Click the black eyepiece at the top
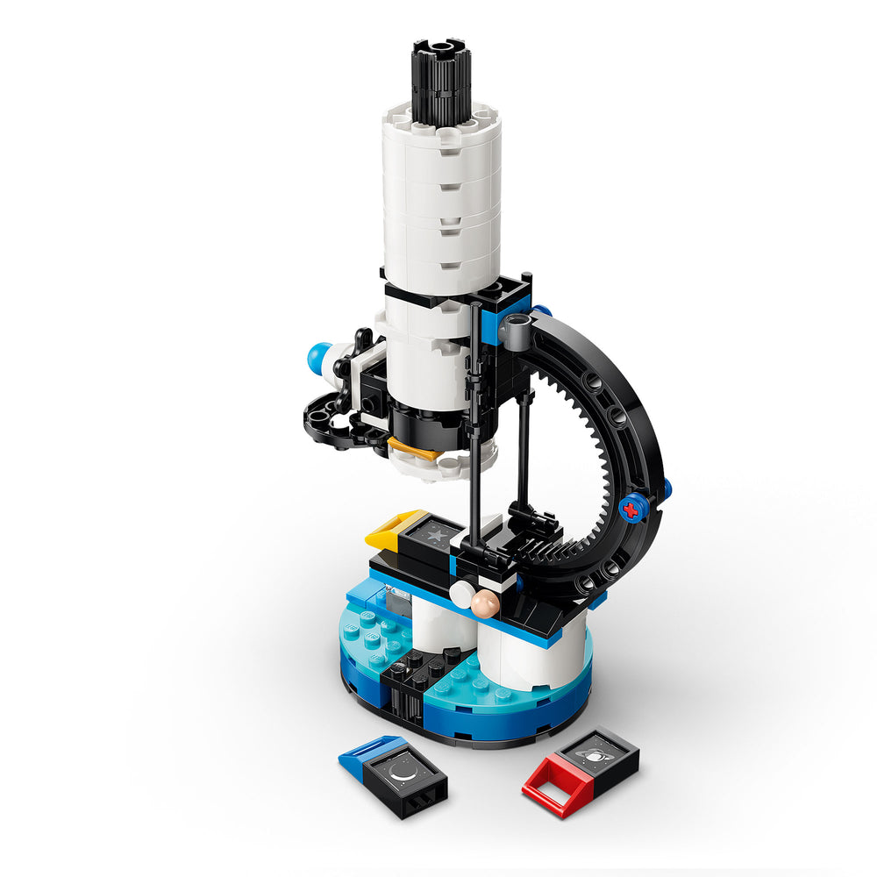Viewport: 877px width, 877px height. coord(441,83)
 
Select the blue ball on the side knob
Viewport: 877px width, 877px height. coord(317,357)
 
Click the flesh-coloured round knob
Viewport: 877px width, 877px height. coord(483,602)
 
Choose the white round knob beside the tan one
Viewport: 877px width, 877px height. coord(460,595)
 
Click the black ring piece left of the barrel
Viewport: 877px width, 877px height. coord(333,422)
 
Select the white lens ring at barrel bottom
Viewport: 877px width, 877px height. coord(443,463)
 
